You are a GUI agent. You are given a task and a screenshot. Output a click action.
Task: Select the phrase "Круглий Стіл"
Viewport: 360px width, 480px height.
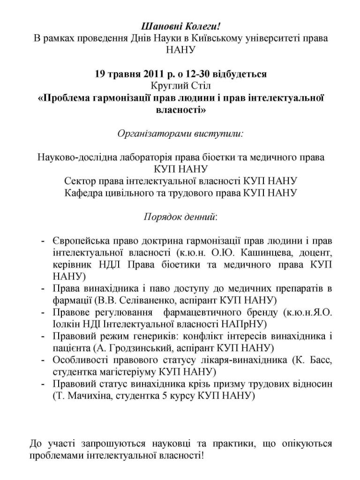coord(180,86)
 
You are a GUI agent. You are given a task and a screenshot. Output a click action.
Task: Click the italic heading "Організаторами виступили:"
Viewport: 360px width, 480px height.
coord(180,133)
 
